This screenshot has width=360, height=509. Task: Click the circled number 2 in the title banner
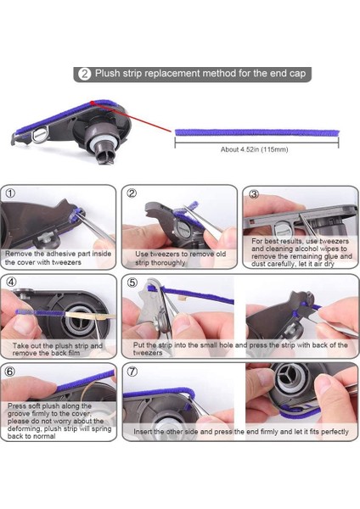coord(85,75)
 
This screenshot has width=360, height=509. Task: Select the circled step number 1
coord(10,193)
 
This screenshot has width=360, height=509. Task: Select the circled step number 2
coord(132,193)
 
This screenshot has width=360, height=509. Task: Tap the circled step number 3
coord(253,193)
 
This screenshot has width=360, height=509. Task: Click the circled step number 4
coord(10,282)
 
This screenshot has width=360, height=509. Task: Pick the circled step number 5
coord(132,282)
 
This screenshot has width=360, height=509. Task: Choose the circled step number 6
coord(10,371)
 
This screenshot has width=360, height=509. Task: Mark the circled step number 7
coord(132,371)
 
